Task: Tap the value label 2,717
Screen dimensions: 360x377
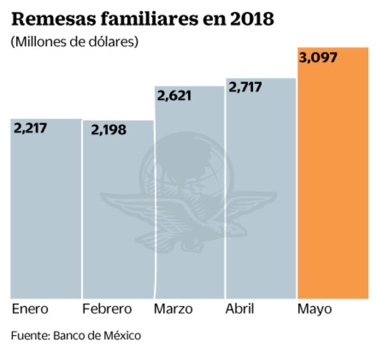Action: pos(245,87)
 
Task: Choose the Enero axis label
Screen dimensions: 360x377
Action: pos(30,308)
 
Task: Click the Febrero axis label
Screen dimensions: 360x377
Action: pos(107,308)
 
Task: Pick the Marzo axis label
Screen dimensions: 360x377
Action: pos(173,308)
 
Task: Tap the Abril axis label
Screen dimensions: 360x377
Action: pos(239,308)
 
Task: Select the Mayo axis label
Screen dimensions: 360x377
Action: pos(314,309)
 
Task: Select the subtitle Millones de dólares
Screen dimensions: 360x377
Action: pos(74,42)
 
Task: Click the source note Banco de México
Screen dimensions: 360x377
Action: pos(96,335)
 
